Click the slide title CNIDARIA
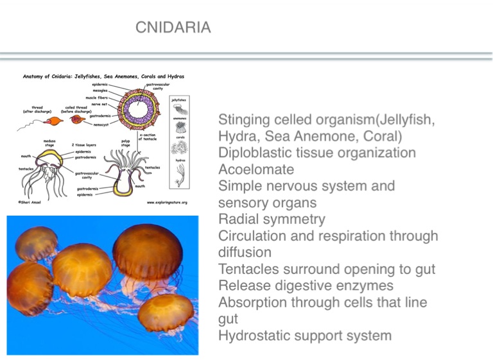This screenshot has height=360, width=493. pos(173,28)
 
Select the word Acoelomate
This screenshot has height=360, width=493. pos(256,170)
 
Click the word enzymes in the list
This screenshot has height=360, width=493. pos(361,286)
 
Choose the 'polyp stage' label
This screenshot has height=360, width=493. pos(125,143)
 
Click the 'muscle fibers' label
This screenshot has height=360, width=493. pos(98,97)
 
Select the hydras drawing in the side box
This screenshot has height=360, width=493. pos(180,173)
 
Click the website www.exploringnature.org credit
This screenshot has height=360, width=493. pos(166,202)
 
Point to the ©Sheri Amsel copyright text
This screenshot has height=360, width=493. pos(30,202)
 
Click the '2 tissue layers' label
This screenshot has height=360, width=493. pos(83,145)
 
